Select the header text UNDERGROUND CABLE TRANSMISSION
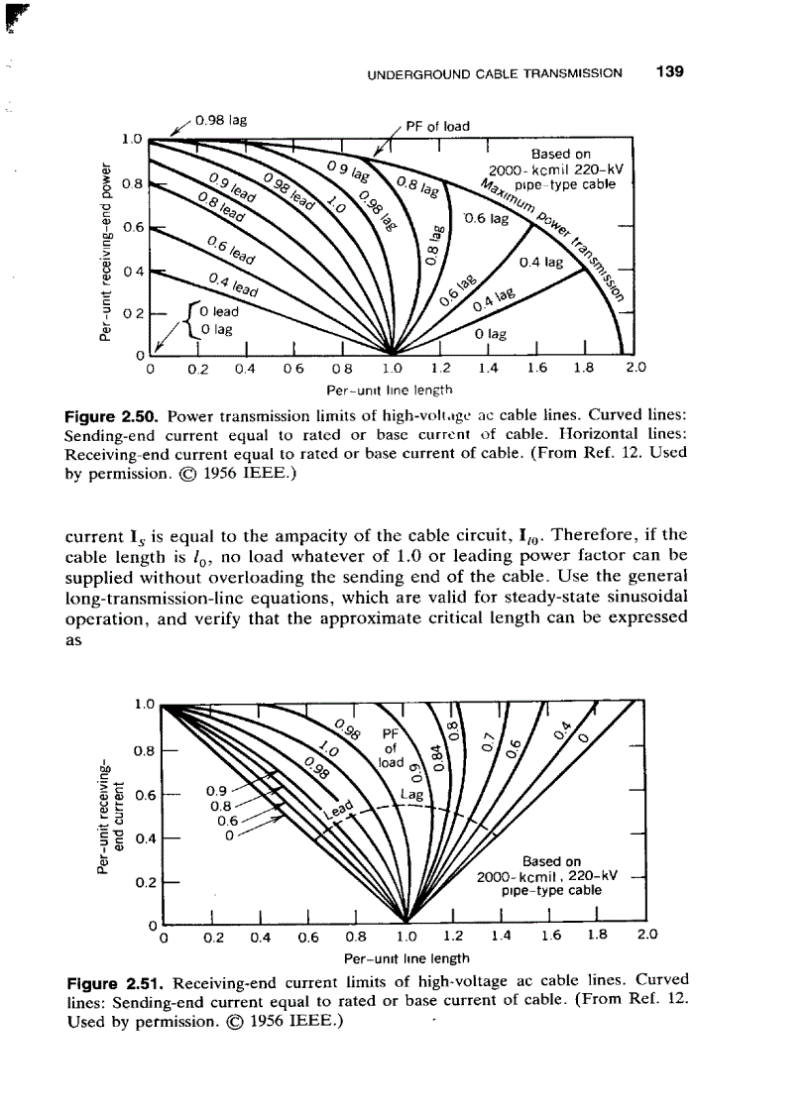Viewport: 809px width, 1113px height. pos(494,73)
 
